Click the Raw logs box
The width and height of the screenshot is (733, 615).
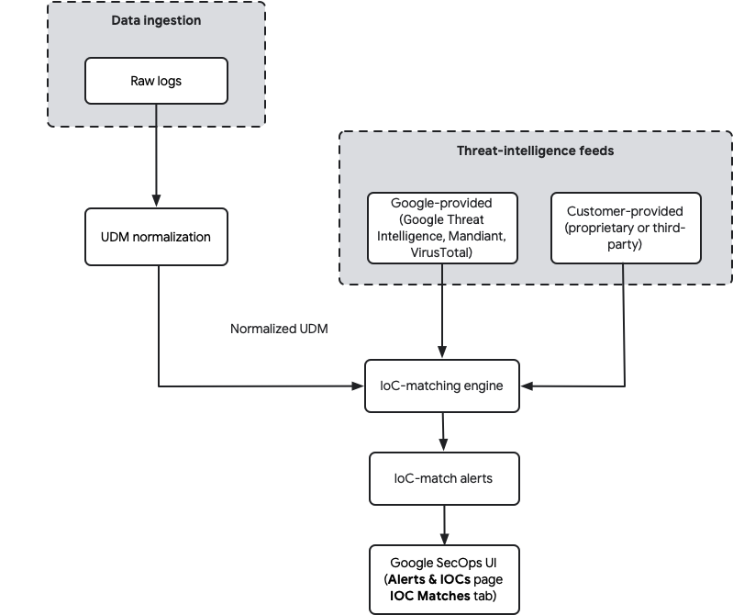click(x=156, y=81)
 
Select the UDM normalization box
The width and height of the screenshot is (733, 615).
click(x=155, y=237)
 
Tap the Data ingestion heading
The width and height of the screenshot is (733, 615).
click(x=156, y=20)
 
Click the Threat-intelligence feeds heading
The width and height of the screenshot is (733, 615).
click(x=535, y=151)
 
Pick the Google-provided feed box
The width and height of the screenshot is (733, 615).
click(x=442, y=227)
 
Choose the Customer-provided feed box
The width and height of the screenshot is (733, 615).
click(x=625, y=228)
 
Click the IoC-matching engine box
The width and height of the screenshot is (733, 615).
click(x=442, y=386)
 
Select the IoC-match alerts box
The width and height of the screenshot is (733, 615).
click(x=443, y=478)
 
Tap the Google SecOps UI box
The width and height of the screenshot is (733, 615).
click(x=443, y=579)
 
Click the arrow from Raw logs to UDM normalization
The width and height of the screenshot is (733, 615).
click(x=156, y=156)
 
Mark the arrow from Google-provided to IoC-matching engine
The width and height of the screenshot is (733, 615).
click(x=443, y=312)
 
